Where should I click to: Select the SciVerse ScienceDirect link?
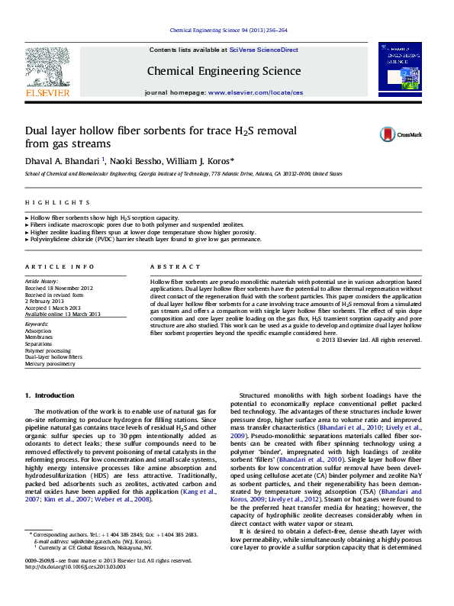tap(263, 49)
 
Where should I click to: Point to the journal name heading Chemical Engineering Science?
tap(224, 71)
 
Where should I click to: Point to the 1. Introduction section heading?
tap(50, 395)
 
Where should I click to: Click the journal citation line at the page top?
tap(226, 31)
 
